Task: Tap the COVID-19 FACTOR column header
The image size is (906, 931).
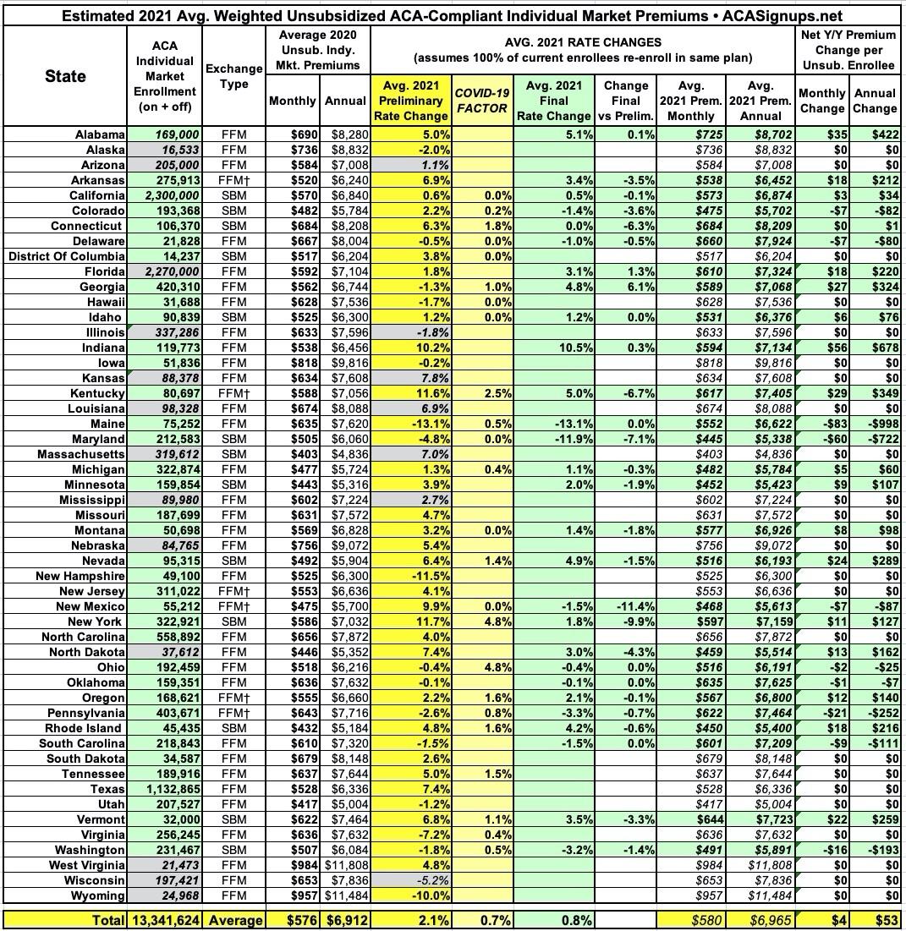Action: pyautogui.click(x=481, y=101)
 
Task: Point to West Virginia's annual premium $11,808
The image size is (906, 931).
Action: pyautogui.click(x=346, y=865)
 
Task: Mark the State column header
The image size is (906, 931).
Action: pyautogui.click(x=65, y=76)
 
